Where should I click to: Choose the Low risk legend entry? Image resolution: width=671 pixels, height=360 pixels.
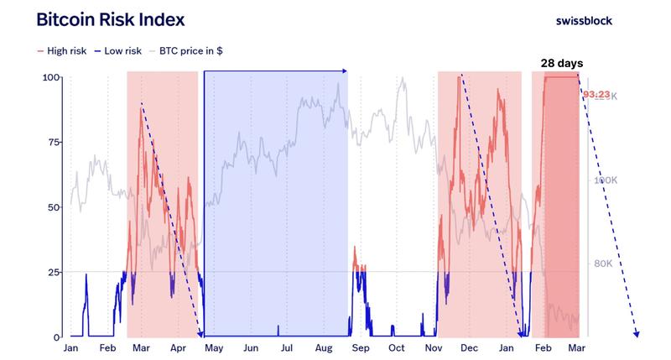(x=117, y=51)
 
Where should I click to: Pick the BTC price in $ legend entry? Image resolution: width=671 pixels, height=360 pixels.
(x=186, y=51)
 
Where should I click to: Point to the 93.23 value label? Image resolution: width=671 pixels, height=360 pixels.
(x=596, y=95)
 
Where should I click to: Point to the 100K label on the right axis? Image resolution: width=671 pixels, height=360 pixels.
(x=605, y=180)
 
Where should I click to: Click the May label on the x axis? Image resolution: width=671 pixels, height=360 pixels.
(x=214, y=347)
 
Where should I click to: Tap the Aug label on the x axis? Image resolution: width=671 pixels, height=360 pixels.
(x=325, y=347)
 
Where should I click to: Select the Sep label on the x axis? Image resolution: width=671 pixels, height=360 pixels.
(x=361, y=347)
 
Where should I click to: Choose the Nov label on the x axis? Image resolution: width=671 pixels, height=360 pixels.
(x=434, y=347)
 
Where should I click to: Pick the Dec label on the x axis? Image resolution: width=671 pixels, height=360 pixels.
(x=470, y=347)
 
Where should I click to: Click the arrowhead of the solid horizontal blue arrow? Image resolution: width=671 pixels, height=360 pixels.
(x=345, y=72)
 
